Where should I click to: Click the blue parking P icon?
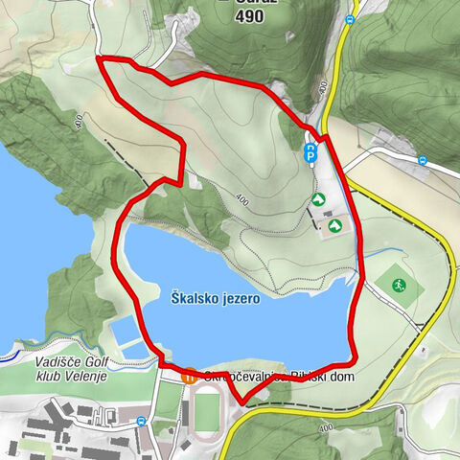tap(310, 151)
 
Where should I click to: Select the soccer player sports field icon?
tap(397, 285)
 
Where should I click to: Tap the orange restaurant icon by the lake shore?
tap(190, 377)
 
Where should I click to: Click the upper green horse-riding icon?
tap(317, 199)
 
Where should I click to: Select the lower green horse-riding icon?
tap(334, 225)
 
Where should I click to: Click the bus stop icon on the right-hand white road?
tap(422, 159)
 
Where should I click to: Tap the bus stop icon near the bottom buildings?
tap(143, 420)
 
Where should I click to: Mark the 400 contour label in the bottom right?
tap(325, 427)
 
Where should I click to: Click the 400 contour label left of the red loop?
tap(77, 121)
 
